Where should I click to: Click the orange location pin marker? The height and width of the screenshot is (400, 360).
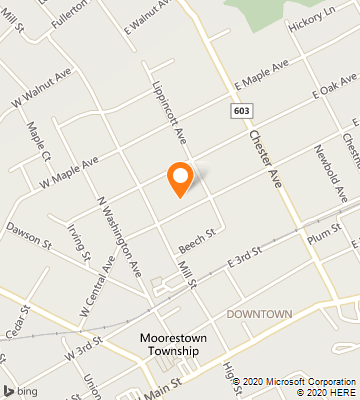click(x=180, y=178)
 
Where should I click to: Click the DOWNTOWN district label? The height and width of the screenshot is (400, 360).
click(x=259, y=314)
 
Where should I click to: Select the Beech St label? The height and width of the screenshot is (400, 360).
click(x=198, y=240)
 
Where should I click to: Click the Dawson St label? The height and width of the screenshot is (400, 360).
click(x=27, y=237)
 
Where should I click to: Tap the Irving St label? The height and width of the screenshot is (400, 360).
click(x=80, y=243)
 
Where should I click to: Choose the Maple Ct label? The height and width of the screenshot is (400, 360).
click(x=39, y=142)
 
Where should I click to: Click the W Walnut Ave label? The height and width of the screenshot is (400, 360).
click(x=43, y=87)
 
